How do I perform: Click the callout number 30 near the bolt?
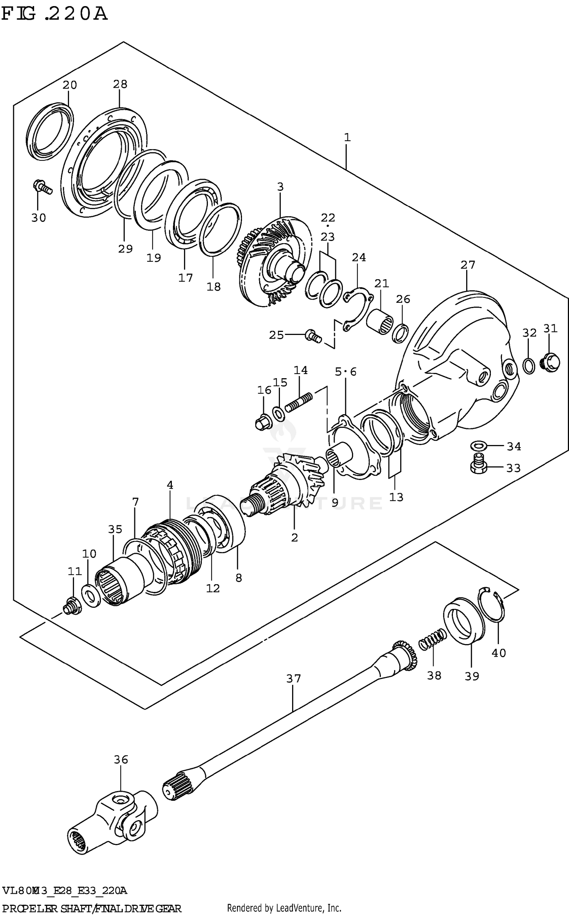(38, 218)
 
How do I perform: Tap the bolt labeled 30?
(41, 187)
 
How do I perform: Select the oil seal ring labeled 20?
(50, 131)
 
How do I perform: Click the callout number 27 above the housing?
(468, 265)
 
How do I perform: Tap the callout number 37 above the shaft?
(293, 678)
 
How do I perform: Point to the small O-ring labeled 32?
(529, 365)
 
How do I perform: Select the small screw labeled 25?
(313, 336)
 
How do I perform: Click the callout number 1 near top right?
(347, 137)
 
